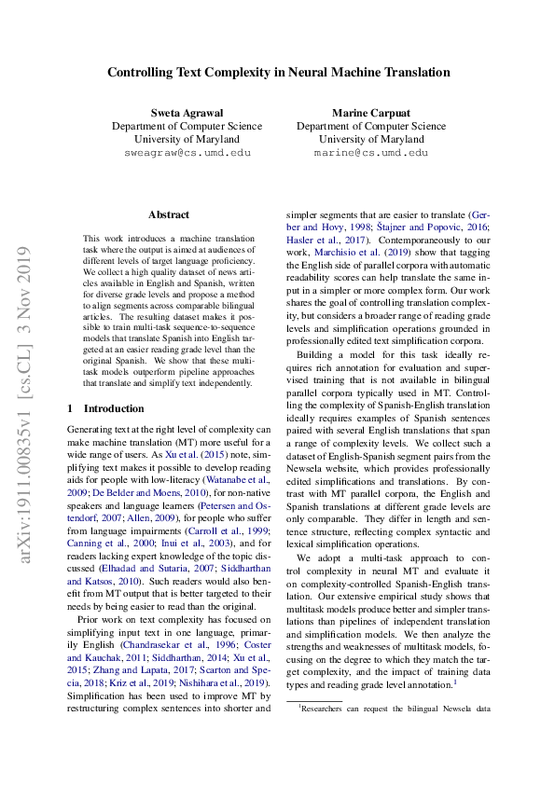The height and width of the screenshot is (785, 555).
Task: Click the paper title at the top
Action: click(278, 72)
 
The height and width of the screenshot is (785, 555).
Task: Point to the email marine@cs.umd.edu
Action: click(370, 152)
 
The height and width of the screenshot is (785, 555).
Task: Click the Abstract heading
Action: click(168, 213)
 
